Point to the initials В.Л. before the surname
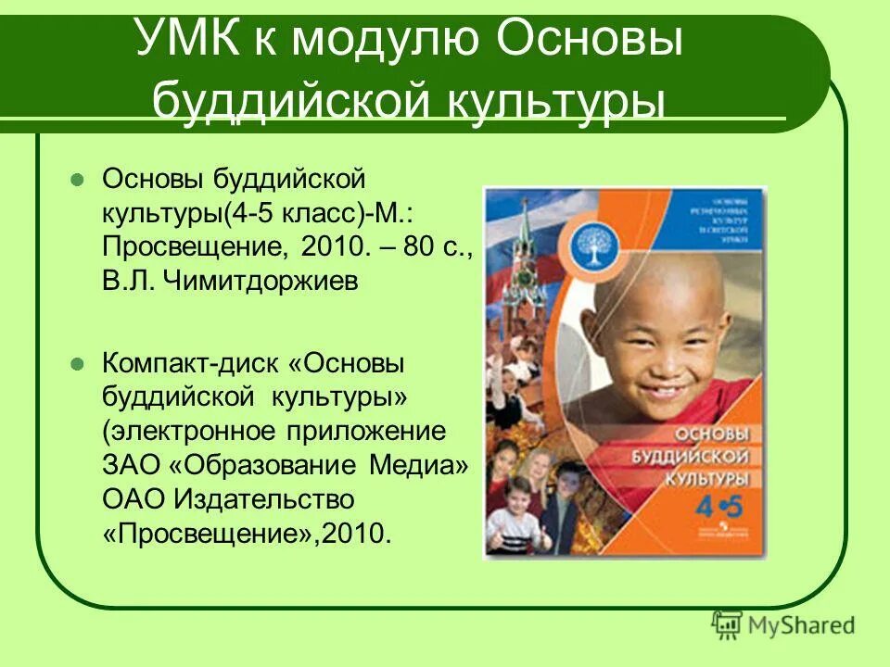tap(129, 281)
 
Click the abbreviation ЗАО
tap(131, 466)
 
